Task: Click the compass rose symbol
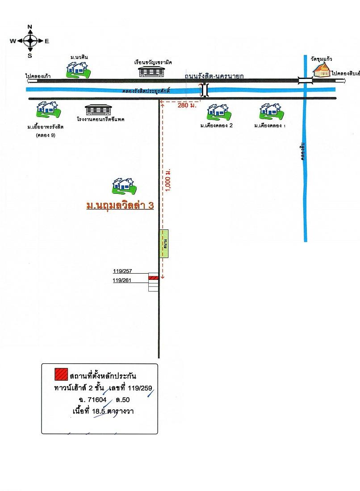[30, 41]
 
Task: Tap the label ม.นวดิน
[79, 58]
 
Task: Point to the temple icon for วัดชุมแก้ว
[322, 69]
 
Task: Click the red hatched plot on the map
[153, 278]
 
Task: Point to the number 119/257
[123, 271]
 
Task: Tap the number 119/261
[123, 280]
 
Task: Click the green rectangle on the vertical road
[165, 244]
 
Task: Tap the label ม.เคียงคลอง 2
[218, 126]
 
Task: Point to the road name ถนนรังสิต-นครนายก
[214, 76]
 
